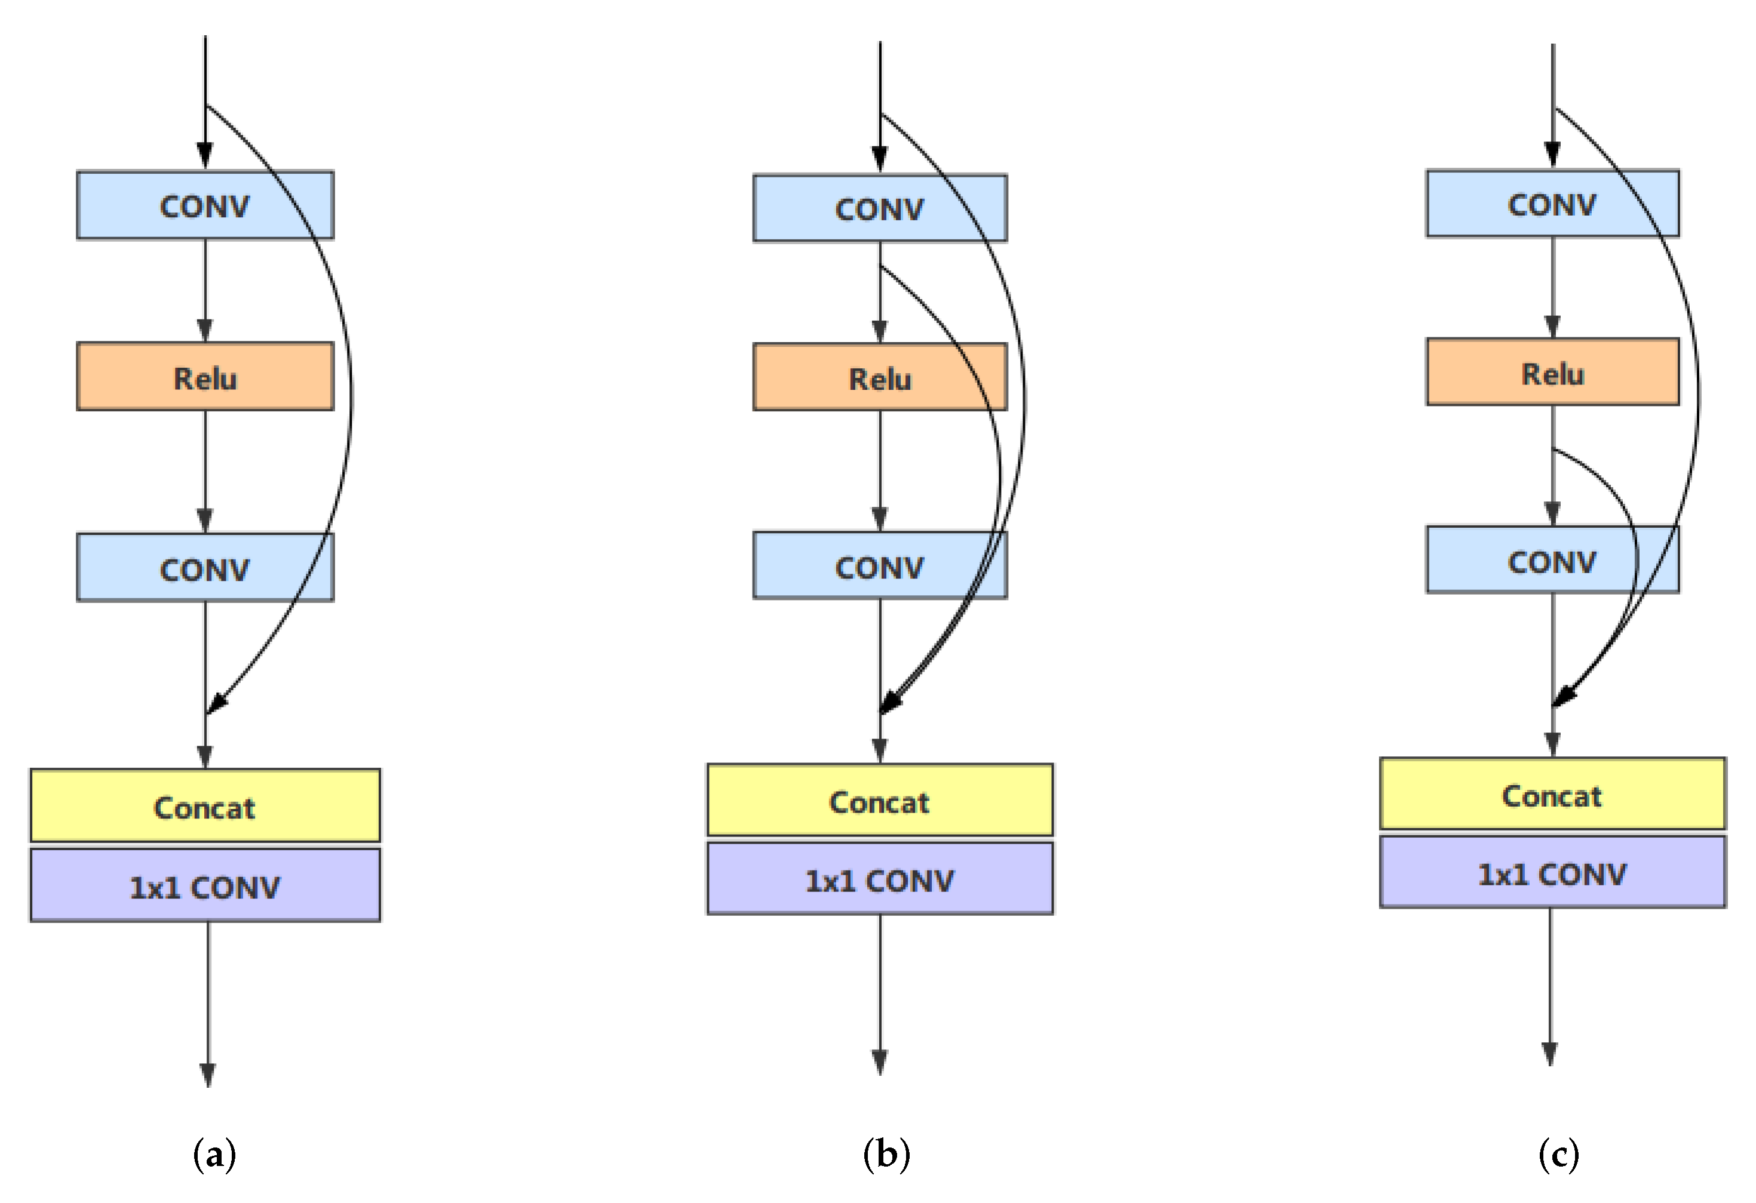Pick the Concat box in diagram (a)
[205, 806]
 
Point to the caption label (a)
[214, 1155]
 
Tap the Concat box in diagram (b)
[880, 801]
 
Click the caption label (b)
[886, 1155]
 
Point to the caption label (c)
[1558, 1155]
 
